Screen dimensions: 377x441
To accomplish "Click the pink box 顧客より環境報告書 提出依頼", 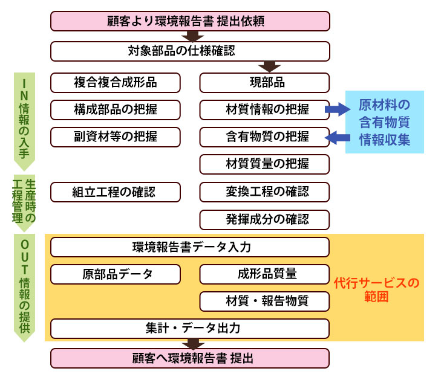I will tap(190, 22).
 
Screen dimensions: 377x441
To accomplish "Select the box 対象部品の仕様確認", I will tap(190, 51).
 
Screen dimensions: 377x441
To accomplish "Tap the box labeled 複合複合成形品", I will tap(116, 82).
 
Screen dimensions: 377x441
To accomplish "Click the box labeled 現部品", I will tap(264, 82).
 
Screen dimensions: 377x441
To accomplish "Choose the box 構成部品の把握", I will tap(116, 109).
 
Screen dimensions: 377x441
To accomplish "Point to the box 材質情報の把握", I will tap(264, 109).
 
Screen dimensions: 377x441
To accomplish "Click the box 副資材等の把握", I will tap(116, 137).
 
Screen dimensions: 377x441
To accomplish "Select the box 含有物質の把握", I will tap(264, 137).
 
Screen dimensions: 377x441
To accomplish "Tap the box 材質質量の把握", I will tap(264, 164).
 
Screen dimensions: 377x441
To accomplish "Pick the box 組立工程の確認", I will tap(116, 192).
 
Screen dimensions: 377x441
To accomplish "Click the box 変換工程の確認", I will tap(264, 192).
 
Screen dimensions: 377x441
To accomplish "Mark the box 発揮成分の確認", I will tap(264, 219).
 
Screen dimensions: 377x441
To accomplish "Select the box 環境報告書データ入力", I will tap(190, 247).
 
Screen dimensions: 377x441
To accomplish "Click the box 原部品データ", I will tap(116, 274).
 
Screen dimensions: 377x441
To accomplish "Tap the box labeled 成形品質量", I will tap(264, 274).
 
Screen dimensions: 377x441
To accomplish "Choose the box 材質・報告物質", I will tap(264, 301).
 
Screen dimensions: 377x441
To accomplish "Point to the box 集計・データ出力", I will tap(190, 329).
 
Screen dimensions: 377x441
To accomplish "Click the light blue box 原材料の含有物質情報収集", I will tap(384, 122).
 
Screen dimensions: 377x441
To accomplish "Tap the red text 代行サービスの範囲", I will tap(376, 289).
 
